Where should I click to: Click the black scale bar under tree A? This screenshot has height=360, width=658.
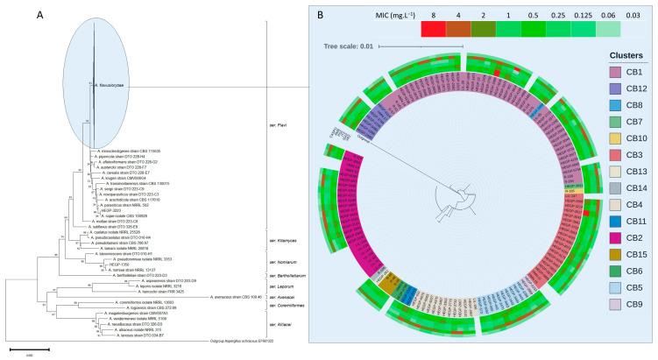coord(29,348)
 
